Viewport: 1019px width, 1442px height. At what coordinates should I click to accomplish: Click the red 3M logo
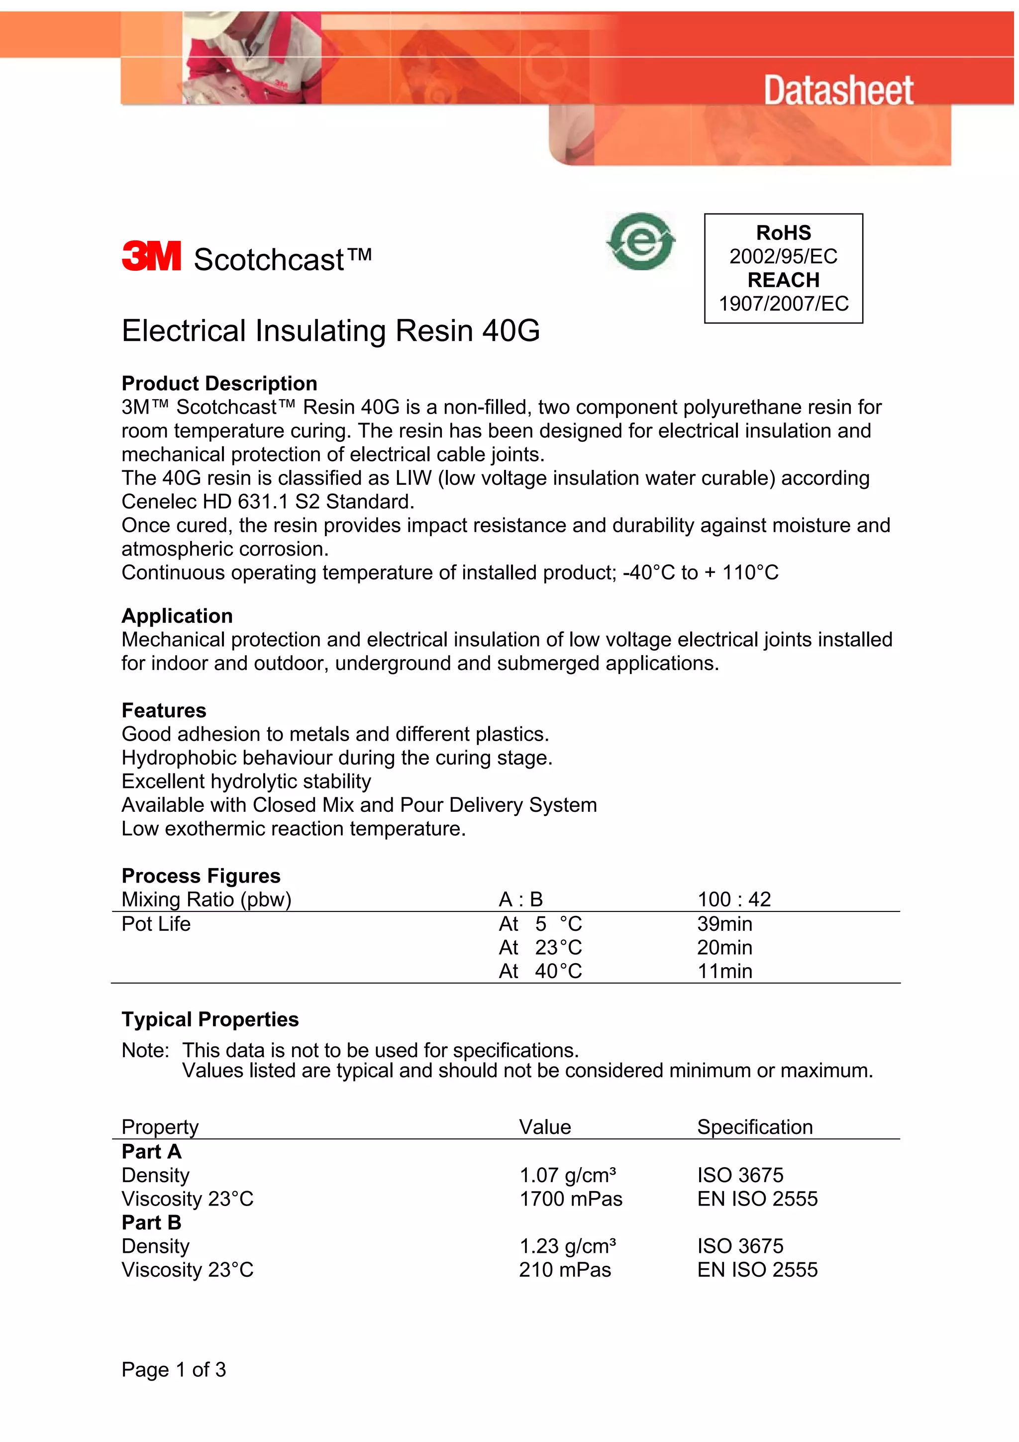[x=151, y=256]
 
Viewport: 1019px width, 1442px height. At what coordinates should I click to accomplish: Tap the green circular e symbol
[x=640, y=242]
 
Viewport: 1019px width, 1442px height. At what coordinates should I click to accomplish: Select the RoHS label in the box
[x=783, y=233]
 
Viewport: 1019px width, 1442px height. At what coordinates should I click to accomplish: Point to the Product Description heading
[x=219, y=383]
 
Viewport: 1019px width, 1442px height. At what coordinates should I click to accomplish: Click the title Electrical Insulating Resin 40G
[x=330, y=331]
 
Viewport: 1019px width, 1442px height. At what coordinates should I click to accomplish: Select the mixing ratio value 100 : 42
[x=733, y=899]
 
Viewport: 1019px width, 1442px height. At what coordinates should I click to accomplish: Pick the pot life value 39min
[x=724, y=924]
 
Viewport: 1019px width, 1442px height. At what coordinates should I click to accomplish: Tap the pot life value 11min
[x=724, y=971]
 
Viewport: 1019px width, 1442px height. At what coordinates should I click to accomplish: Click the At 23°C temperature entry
[x=540, y=947]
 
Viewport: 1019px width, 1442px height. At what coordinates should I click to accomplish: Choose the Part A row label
[x=151, y=1152]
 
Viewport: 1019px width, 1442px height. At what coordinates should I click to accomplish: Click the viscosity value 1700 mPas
[x=570, y=1199]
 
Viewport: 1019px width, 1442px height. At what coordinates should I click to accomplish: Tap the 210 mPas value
[x=564, y=1270]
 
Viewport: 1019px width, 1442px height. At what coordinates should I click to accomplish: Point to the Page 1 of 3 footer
[x=173, y=1369]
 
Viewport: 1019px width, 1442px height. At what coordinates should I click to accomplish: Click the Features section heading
[x=164, y=710]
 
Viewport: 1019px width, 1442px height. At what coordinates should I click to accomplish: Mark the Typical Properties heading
[x=209, y=1019]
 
